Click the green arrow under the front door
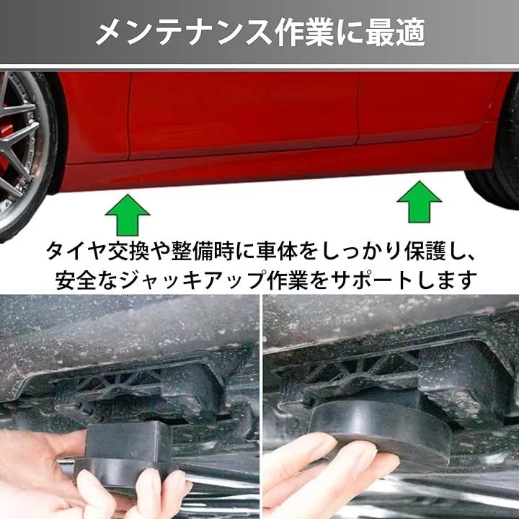coord(128,215)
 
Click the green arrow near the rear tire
coord(419,202)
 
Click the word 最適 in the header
coord(395,32)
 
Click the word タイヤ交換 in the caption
coord(98,252)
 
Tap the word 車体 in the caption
coord(278,252)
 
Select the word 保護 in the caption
coord(425,252)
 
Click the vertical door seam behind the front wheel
coord(130,116)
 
